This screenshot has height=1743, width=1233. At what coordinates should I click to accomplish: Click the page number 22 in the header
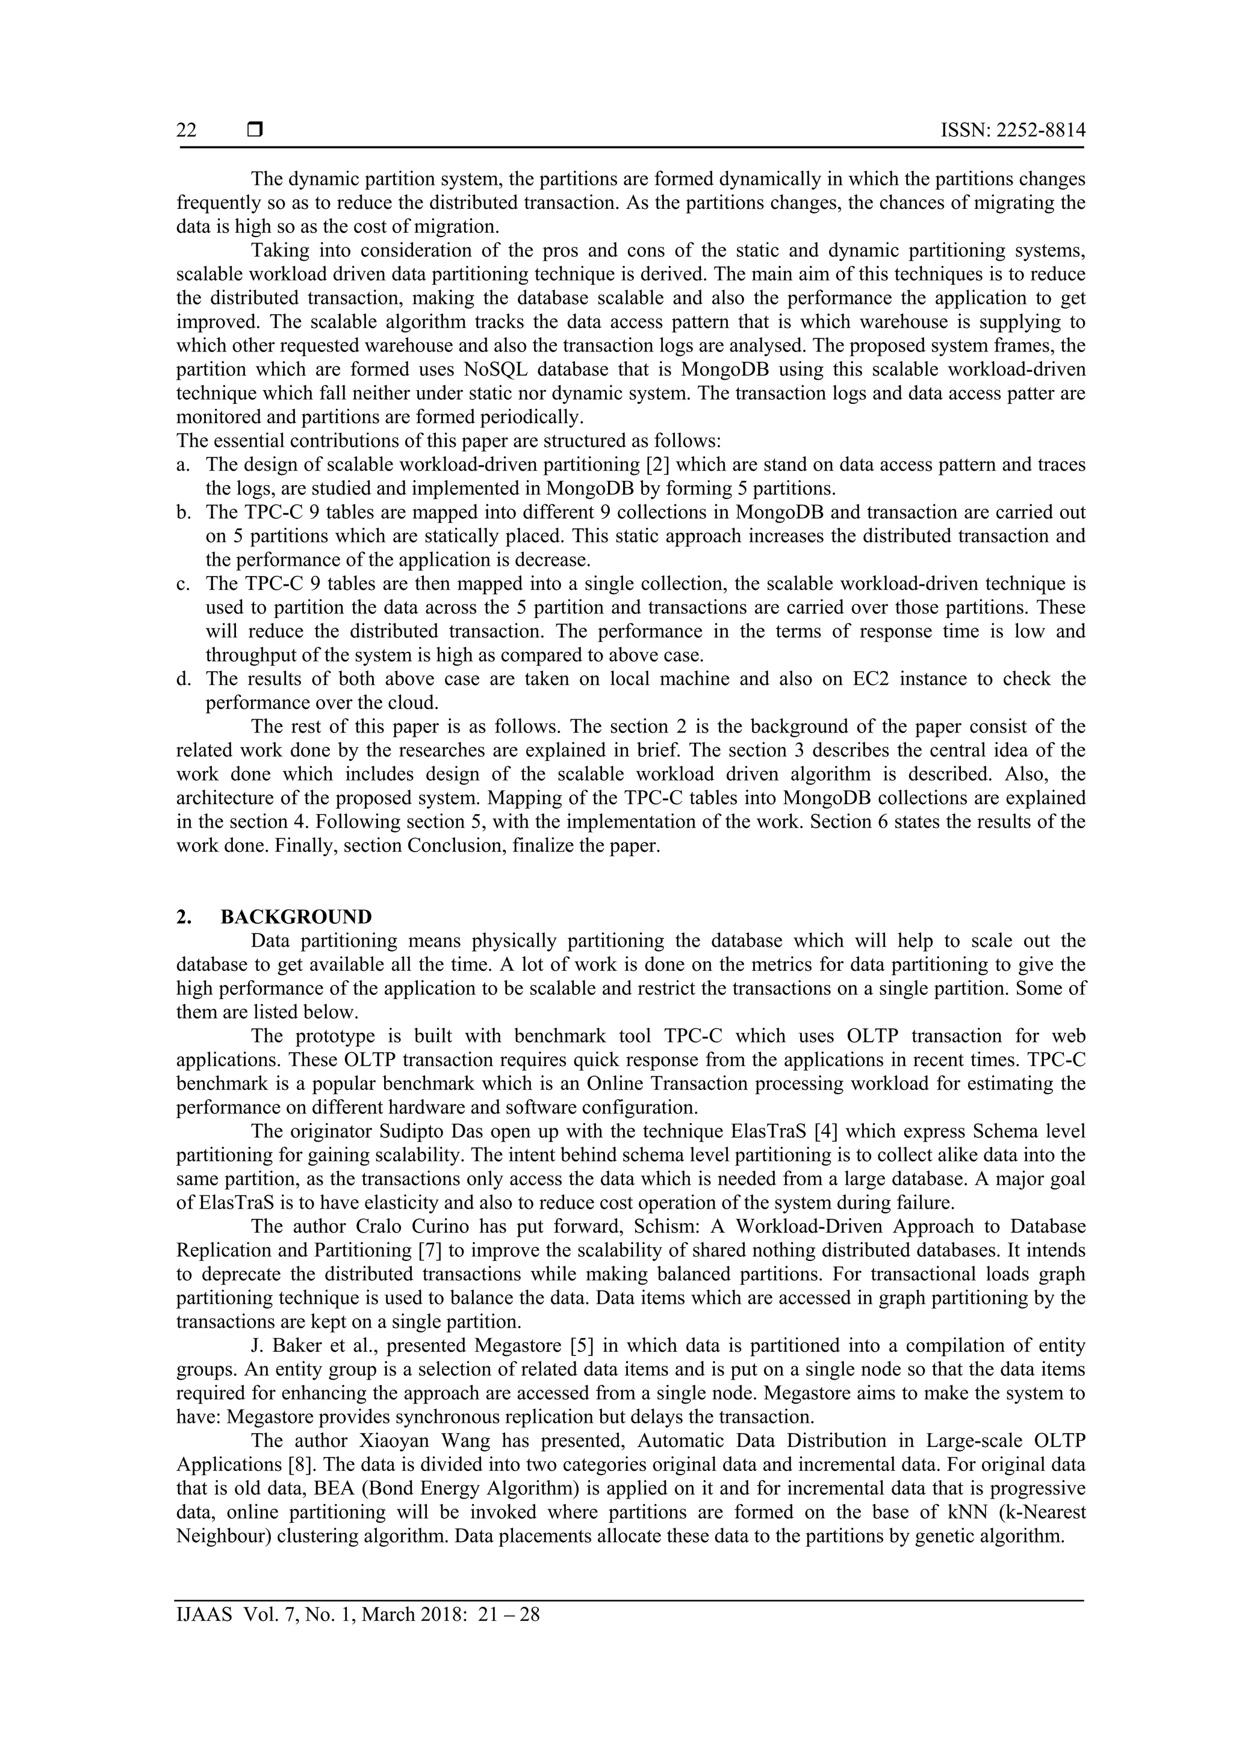(186, 131)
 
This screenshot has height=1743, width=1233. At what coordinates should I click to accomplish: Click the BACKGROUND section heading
(296, 916)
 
